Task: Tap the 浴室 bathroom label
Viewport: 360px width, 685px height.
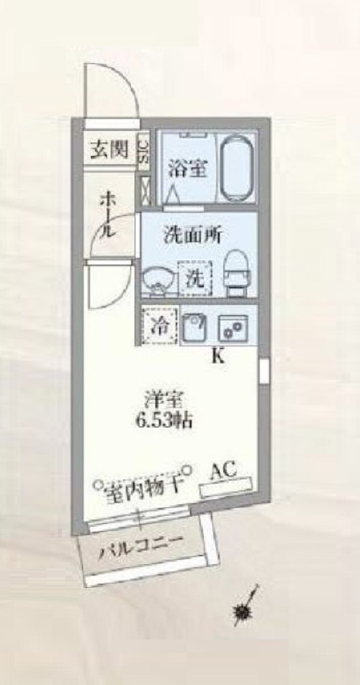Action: [x=187, y=168]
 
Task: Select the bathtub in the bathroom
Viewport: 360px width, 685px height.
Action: [x=237, y=168]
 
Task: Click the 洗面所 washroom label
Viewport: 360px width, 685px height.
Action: [x=193, y=236]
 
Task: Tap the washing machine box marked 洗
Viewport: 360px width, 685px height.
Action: [x=195, y=279]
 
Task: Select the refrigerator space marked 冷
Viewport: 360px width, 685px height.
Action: [x=160, y=326]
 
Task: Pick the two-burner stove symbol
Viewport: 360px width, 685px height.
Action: [x=233, y=327]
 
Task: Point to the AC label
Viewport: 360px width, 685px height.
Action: [x=224, y=471]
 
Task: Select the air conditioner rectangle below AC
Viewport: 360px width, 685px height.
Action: [x=226, y=488]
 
